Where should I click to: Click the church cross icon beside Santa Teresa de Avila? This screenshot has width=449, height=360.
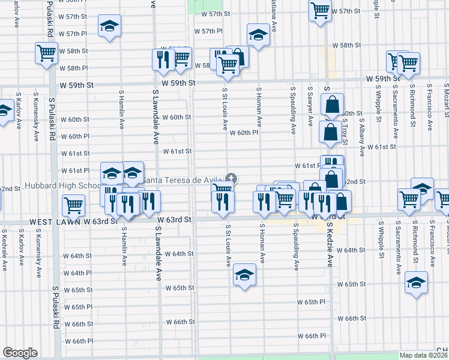click(231, 178)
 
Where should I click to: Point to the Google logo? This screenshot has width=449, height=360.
click(20, 353)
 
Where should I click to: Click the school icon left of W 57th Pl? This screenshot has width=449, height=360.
click(109, 27)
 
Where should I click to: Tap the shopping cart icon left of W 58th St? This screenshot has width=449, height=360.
click(46, 52)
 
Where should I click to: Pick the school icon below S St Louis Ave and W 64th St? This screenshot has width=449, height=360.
click(244, 275)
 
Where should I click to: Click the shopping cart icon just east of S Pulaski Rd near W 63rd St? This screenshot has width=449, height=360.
click(74, 205)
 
